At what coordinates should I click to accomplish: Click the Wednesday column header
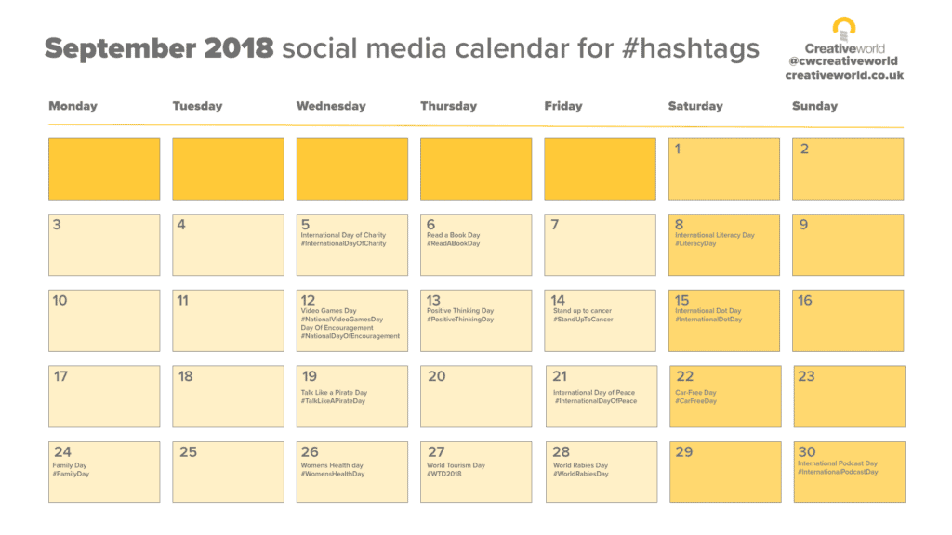(331, 106)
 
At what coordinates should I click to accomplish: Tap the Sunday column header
(814, 106)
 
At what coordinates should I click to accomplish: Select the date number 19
(309, 376)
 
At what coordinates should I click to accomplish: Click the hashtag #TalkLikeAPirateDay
(333, 401)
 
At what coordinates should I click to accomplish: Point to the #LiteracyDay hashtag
(695, 243)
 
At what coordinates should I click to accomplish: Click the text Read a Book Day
(454, 235)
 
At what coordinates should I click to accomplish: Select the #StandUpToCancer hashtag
(583, 320)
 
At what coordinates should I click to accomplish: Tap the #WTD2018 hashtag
(444, 474)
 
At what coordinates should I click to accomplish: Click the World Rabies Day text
(580, 465)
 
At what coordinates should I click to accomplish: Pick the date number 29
(684, 452)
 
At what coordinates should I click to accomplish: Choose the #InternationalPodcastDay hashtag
(838, 472)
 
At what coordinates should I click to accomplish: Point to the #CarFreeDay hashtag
(696, 401)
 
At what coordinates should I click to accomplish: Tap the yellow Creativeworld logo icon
(844, 28)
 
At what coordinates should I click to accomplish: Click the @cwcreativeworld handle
(844, 61)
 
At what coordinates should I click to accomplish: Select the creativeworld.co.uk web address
(844, 75)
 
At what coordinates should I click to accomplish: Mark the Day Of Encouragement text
(337, 328)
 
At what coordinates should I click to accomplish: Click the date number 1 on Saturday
(678, 149)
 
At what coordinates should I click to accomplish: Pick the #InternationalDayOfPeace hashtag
(596, 401)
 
